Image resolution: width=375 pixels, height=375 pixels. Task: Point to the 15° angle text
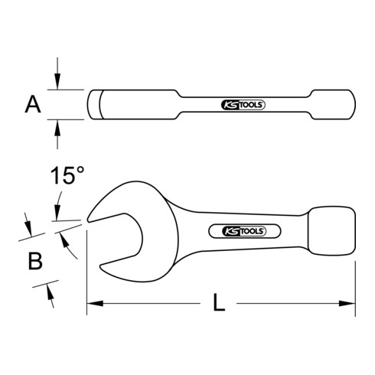pyautogui.click(x=67, y=177)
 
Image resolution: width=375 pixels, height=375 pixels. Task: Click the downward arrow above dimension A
pyautogui.click(x=58, y=83)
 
